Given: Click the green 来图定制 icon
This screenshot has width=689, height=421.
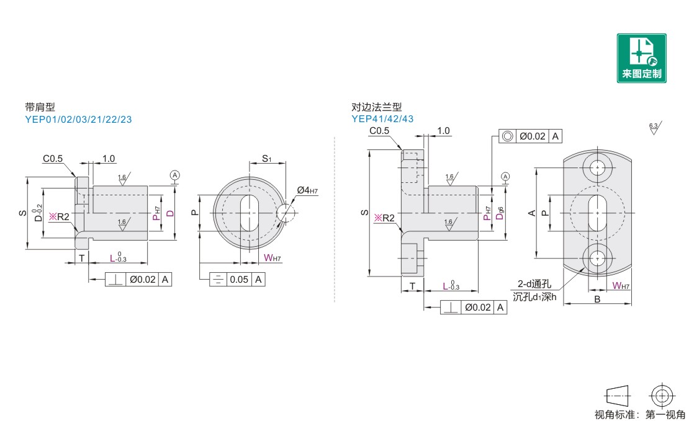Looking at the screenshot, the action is pyautogui.click(x=642, y=58).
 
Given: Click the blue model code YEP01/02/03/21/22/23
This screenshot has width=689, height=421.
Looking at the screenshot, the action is pyautogui.click(x=78, y=120).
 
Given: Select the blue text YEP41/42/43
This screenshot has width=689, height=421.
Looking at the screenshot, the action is pyautogui.click(x=382, y=118).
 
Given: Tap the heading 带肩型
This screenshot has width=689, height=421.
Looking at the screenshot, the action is pyautogui.click(x=40, y=107).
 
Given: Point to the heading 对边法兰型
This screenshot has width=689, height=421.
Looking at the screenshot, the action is pyautogui.click(x=377, y=107).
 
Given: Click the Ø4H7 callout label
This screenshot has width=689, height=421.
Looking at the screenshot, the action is pyautogui.click(x=307, y=190).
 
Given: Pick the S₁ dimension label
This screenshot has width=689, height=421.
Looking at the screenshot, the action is pyautogui.click(x=267, y=159).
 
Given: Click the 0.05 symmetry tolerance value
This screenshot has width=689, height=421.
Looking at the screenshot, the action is pyautogui.click(x=239, y=279).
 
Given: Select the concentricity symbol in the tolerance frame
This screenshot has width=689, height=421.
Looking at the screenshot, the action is pyautogui.click(x=507, y=136).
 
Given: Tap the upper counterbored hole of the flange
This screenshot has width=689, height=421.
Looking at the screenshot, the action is pyautogui.click(x=597, y=167).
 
